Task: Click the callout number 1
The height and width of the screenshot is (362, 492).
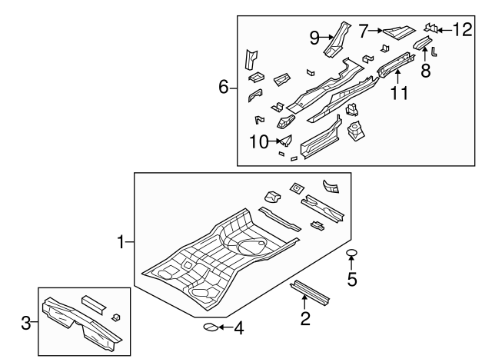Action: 121,243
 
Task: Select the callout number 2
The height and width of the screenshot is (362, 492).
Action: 305,319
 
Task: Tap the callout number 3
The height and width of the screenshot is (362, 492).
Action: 25,324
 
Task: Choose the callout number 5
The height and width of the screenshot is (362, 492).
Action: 352,279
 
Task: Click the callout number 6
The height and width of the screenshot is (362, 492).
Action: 224,88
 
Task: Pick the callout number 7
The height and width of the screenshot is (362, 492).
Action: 364,31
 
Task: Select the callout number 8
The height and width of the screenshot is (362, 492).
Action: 425,70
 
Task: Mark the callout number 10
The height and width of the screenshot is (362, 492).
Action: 260,141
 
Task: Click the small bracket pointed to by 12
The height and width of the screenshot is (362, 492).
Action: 431,28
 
